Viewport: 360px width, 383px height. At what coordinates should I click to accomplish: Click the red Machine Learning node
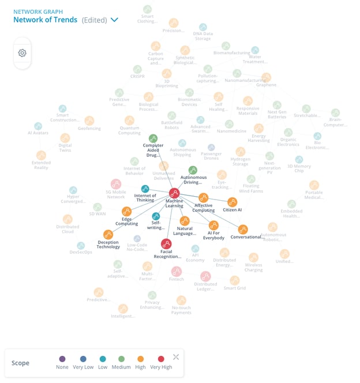pos(174,193)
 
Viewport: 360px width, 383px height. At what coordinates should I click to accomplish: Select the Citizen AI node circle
pos(232,202)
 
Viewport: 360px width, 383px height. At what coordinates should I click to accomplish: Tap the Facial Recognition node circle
pos(166,244)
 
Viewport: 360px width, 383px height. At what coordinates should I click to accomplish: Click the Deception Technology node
pos(108,235)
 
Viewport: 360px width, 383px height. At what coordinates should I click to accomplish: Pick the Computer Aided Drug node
pos(153,138)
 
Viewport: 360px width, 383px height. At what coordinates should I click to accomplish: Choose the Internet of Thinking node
pos(145,189)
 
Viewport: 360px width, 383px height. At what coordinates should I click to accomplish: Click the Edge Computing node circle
pos(126,212)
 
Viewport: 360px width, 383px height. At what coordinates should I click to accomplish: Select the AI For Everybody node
pos(213,225)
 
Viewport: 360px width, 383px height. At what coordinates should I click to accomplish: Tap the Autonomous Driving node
pos(193,170)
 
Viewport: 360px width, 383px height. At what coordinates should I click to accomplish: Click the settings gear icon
pos(22,53)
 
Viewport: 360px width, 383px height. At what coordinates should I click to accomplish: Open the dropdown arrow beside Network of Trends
pos(114,20)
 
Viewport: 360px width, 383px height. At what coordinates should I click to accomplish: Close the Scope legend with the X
pos(176,357)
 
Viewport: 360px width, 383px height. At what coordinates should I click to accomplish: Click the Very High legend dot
pos(161,359)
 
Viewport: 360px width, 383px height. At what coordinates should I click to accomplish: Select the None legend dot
pos(62,359)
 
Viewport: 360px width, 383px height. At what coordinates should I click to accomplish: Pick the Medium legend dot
pos(122,359)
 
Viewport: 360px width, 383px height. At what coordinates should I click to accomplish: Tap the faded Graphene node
pos(266,77)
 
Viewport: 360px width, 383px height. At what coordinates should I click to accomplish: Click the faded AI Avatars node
pos(38,126)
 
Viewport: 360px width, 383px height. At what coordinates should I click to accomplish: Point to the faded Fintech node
pos(177,271)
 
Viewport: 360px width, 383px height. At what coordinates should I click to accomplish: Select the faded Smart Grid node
pos(235,280)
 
